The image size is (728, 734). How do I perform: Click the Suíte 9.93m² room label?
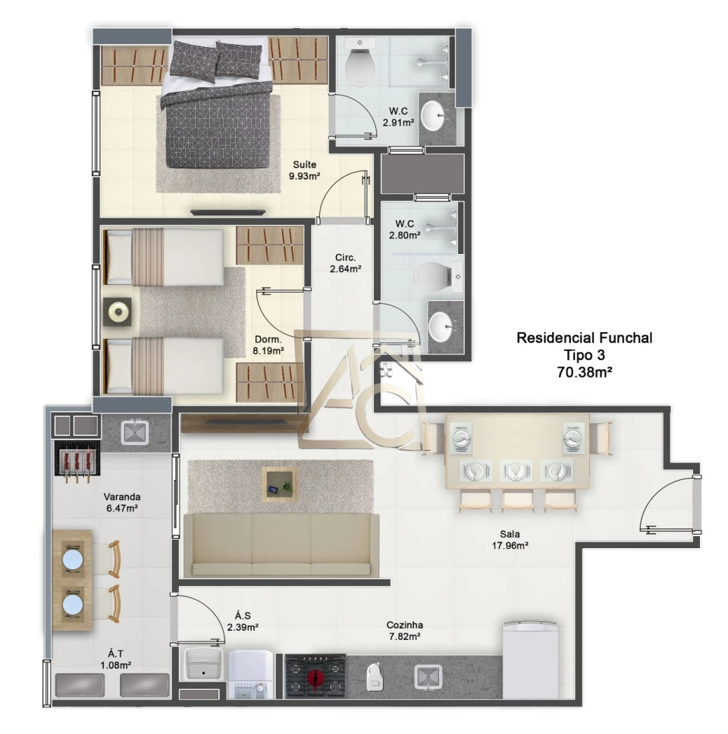click(304, 171)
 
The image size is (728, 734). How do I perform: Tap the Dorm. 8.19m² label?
click(268, 345)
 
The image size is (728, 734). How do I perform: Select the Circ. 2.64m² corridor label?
click(346, 263)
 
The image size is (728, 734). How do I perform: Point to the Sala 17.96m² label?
click(510, 539)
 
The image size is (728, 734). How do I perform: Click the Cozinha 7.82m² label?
click(404, 631)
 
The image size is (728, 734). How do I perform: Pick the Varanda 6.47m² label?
click(122, 502)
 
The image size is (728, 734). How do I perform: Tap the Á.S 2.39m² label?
click(243, 621)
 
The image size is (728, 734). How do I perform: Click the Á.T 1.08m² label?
click(115, 659)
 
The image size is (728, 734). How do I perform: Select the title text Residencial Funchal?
click(584, 338)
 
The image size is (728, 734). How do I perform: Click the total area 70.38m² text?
click(585, 372)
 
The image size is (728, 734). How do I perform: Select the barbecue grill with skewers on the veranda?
click(77, 460)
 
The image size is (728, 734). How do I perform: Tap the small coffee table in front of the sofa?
click(280, 484)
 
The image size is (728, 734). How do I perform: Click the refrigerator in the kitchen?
click(531, 660)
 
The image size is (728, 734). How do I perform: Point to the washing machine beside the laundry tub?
click(250, 674)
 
